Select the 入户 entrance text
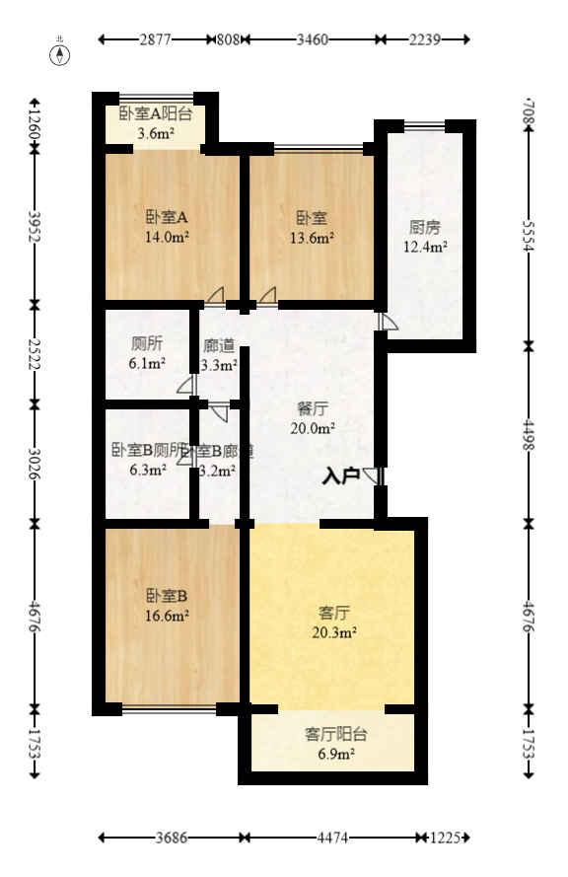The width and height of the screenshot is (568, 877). click(340, 475)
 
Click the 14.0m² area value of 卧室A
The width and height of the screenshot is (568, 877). click(168, 237)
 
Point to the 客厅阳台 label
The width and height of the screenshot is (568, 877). click(335, 734)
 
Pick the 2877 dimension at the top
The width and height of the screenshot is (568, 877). click(156, 40)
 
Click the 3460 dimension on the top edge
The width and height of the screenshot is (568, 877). click(312, 40)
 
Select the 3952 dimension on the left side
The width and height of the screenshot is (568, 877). click(35, 226)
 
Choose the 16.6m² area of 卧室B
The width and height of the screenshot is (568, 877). click(168, 615)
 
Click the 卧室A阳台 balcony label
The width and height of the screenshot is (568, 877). click(156, 113)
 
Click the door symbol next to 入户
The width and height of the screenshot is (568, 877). click(373, 475)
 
